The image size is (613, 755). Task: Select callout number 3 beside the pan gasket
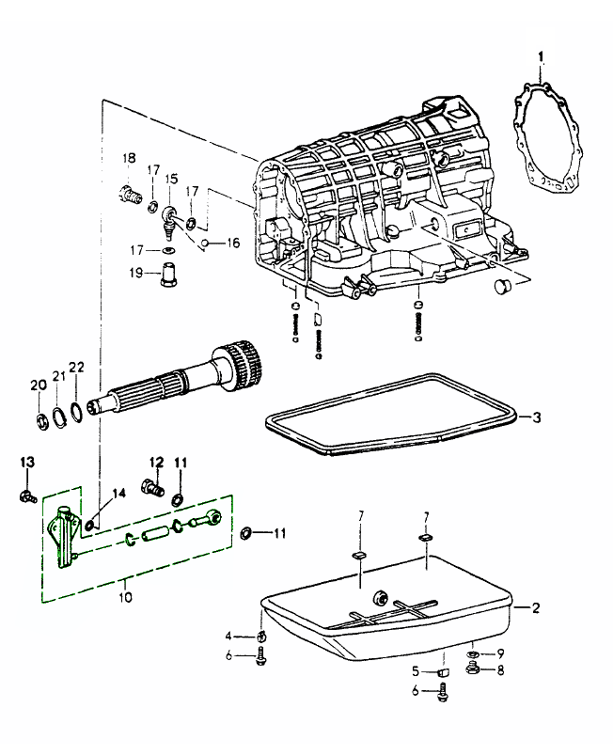click(537, 417)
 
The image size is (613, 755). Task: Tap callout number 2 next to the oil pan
click(536, 608)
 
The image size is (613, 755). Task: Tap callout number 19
click(136, 273)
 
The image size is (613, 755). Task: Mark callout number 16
click(233, 243)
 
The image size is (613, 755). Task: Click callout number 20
click(39, 385)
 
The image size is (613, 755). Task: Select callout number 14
click(118, 493)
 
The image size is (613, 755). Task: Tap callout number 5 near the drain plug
click(414, 671)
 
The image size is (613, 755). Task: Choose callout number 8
click(500, 670)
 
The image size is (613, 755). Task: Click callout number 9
click(500, 653)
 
